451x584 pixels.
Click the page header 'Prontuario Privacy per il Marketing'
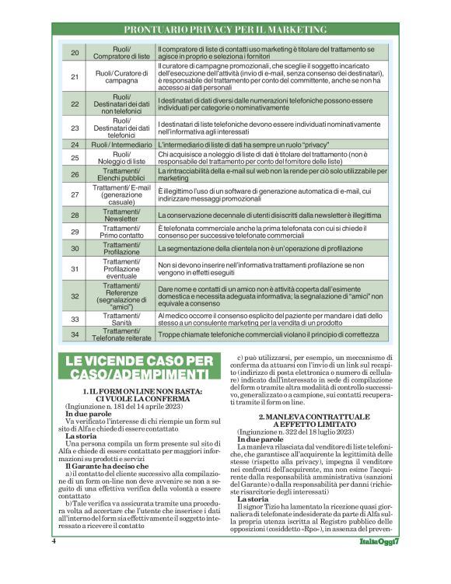pyautogui.click(x=226, y=30)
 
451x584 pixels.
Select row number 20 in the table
pyautogui.click(x=75, y=53)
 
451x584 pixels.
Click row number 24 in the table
pyautogui.click(x=75, y=145)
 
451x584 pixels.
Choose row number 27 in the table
pyautogui.click(x=75, y=194)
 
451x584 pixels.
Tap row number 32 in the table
pyautogui.click(x=75, y=295)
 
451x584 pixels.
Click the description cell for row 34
pyautogui.click(x=264, y=334)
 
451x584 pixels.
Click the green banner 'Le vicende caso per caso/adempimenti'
pyautogui.click(x=139, y=368)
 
